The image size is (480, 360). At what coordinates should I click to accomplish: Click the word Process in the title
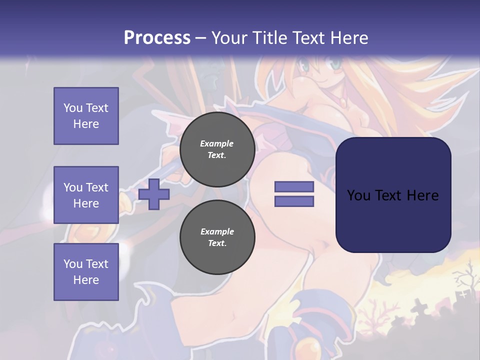pyautogui.click(x=157, y=38)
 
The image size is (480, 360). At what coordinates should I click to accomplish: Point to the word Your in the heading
pyautogui.click(x=230, y=38)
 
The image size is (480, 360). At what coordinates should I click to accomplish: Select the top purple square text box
pyautogui.click(x=86, y=116)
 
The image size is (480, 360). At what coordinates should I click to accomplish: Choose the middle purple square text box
pyautogui.click(x=86, y=195)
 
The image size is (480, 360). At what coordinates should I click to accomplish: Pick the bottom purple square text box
pyautogui.click(x=86, y=272)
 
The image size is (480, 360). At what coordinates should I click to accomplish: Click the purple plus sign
pyautogui.click(x=154, y=194)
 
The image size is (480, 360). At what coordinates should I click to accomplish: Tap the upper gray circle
pyautogui.click(x=217, y=149)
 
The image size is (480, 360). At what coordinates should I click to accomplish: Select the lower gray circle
pyautogui.click(x=217, y=237)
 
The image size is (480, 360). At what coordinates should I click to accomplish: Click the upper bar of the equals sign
pyautogui.click(x=294, y=186)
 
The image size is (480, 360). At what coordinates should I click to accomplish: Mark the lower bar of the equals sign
pyautogui.click(x=294, y=201)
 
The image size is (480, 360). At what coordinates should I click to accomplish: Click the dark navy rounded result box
pyautogui.click(x=393, y=195)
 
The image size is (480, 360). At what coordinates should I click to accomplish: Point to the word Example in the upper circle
pyautogui.click(x=217, y=143)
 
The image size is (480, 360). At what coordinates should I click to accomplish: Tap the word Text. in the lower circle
pyautogui.click(x=217, y=243)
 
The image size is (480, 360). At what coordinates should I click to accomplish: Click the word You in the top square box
pyautogui.click(x=72, y=108)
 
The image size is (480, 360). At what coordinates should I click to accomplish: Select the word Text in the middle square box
pyautogui.click(x=97, y=187)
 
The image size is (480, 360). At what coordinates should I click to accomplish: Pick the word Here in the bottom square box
pyautogui.click(x=86, y=280)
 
